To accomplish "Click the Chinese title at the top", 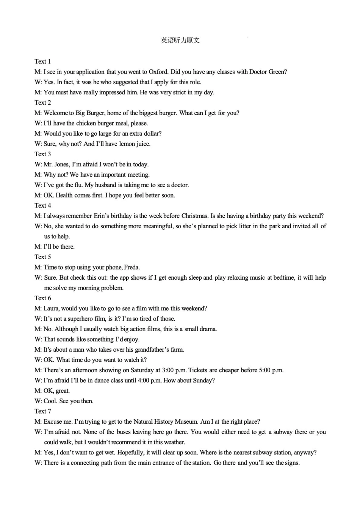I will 180,41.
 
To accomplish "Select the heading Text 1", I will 42,61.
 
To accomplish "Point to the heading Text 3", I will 42,154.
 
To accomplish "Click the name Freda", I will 132,267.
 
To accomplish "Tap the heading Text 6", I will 42,298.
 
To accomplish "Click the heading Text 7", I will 42,411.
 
